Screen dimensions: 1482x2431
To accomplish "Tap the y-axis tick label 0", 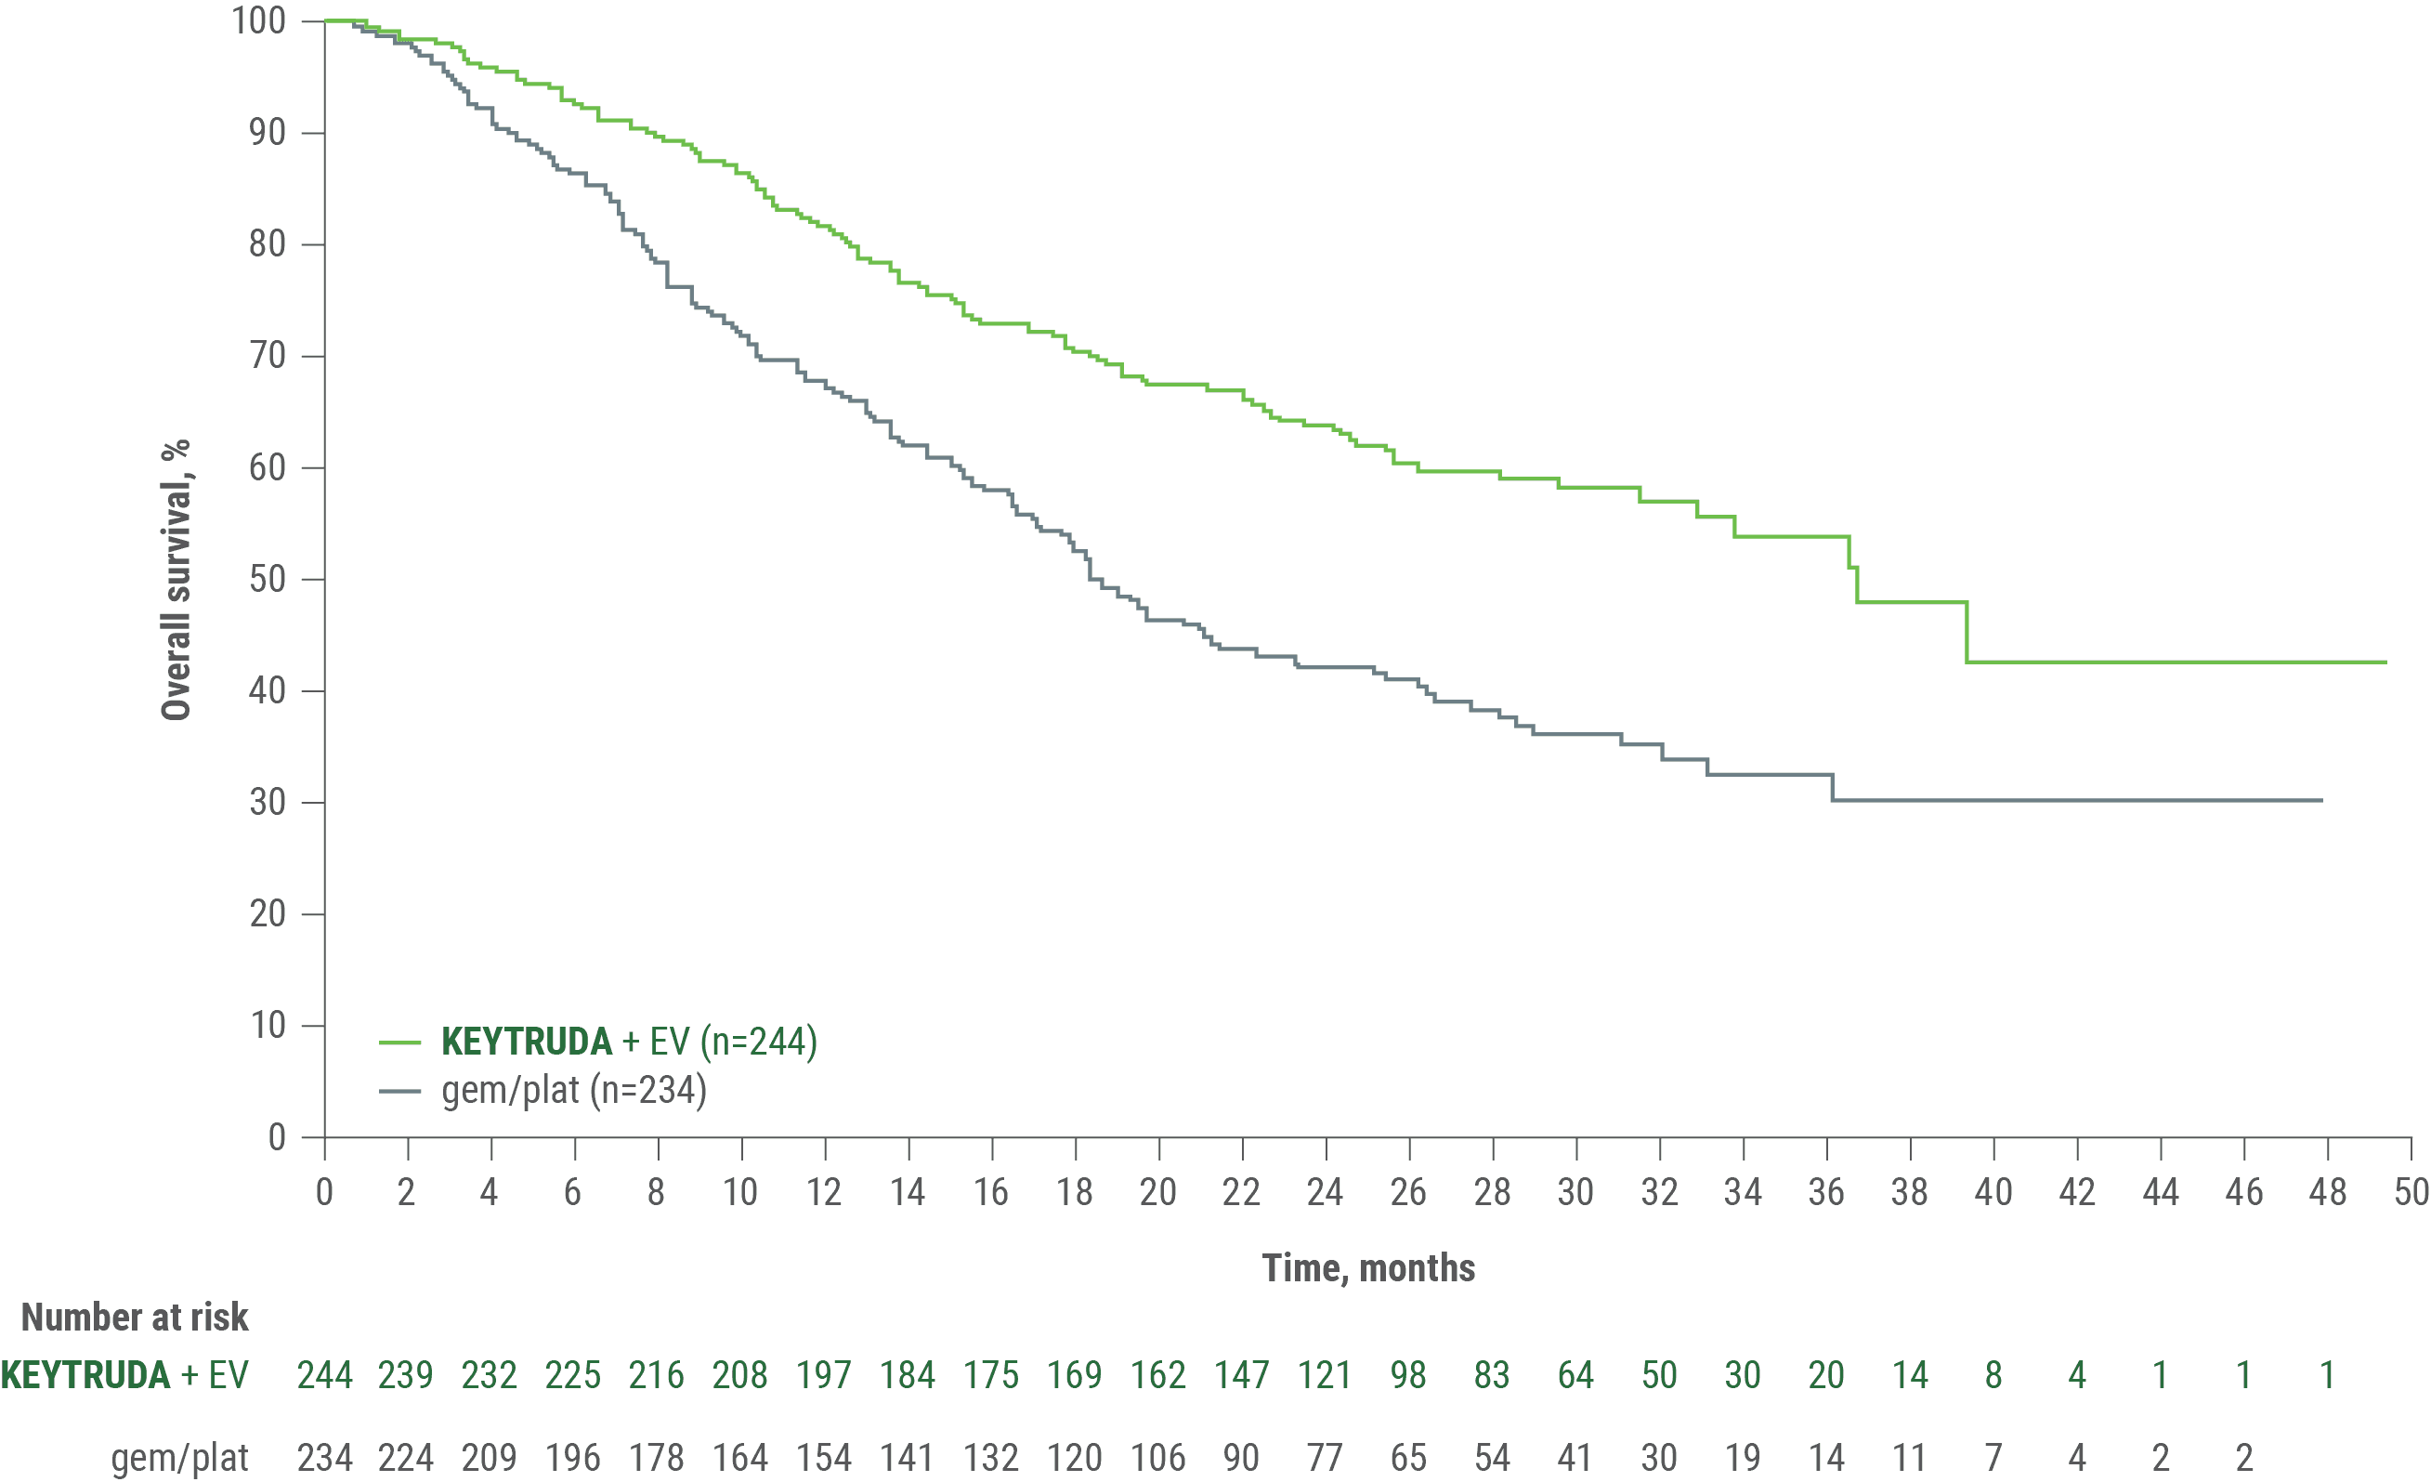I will pyautogui.click(x=279, y=1137).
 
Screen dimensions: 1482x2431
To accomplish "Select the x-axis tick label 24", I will pyautogui.click(x=1325, y=1192).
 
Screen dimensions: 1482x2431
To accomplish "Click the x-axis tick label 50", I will pyautogui.click(x=2412, y=1192).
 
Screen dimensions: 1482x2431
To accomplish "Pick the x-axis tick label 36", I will pyautogui.click(x=1826, y=1192).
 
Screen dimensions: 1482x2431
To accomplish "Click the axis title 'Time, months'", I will pyautogui.click(x=1368, y=1268).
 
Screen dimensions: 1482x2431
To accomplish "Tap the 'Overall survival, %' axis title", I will pyautogui.click(x=176, y=580).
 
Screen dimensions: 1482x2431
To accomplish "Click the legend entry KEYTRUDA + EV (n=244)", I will pyautogui.click(x=629, y=1042).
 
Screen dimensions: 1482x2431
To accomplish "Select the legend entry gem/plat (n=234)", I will pyautogui.click(x=573, y=1091).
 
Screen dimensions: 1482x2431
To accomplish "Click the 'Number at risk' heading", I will pyautogui.click(x=136, y=1318).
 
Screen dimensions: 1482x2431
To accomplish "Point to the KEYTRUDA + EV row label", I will pyautogui.click(x=124, y=1374).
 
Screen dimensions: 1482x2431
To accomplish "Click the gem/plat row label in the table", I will pyautogui.click(x=179, y=1457).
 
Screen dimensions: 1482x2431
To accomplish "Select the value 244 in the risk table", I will pyautogui.click(x=324, y=1374).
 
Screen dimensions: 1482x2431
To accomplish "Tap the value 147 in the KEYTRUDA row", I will pyautogui.click(x=1241, y=1374).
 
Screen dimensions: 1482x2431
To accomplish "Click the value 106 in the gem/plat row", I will pyautogui.click(x=1158, y=1457).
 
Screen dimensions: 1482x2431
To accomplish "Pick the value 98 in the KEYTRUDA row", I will pyautogui.click(x=1408, y=1374).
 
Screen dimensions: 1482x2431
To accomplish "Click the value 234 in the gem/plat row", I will pyautogui.click(x=324, y=1457).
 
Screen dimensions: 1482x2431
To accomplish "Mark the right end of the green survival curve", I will pyautogui.click(x=2385, y=662).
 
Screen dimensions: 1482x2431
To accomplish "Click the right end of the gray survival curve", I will pyautogui.click(x=2321, y=799).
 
